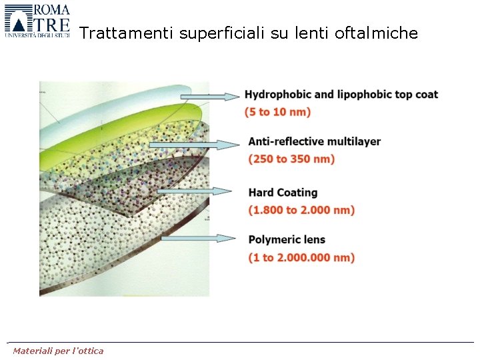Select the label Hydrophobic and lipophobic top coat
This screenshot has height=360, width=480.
point(341,94)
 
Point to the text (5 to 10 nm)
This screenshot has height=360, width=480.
point(277,111)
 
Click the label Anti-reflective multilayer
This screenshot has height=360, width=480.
point(314,141)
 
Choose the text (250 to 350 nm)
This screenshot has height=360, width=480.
point(291,159)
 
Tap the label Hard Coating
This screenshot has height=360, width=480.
point(283,193)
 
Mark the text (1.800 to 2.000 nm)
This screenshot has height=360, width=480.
point(301,210)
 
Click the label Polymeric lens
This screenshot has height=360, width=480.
point(287,240)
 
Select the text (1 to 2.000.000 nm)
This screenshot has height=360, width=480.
point(301,257)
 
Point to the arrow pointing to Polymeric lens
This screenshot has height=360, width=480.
point(200,238)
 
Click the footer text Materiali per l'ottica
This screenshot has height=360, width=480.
point(59,351)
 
